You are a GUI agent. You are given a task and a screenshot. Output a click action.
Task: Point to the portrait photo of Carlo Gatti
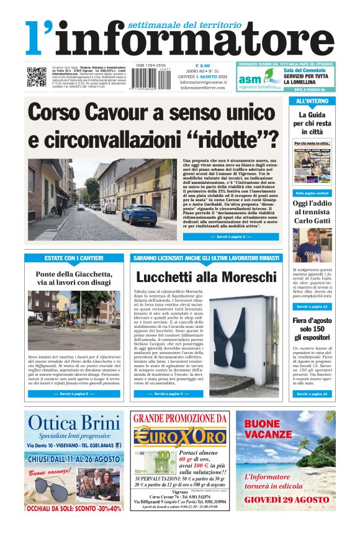312,244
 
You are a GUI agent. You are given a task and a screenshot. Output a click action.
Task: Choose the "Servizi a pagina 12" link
312,307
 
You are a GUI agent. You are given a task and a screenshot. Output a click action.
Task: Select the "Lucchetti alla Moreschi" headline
206,277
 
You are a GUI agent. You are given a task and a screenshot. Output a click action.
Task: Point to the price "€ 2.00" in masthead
203,65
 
